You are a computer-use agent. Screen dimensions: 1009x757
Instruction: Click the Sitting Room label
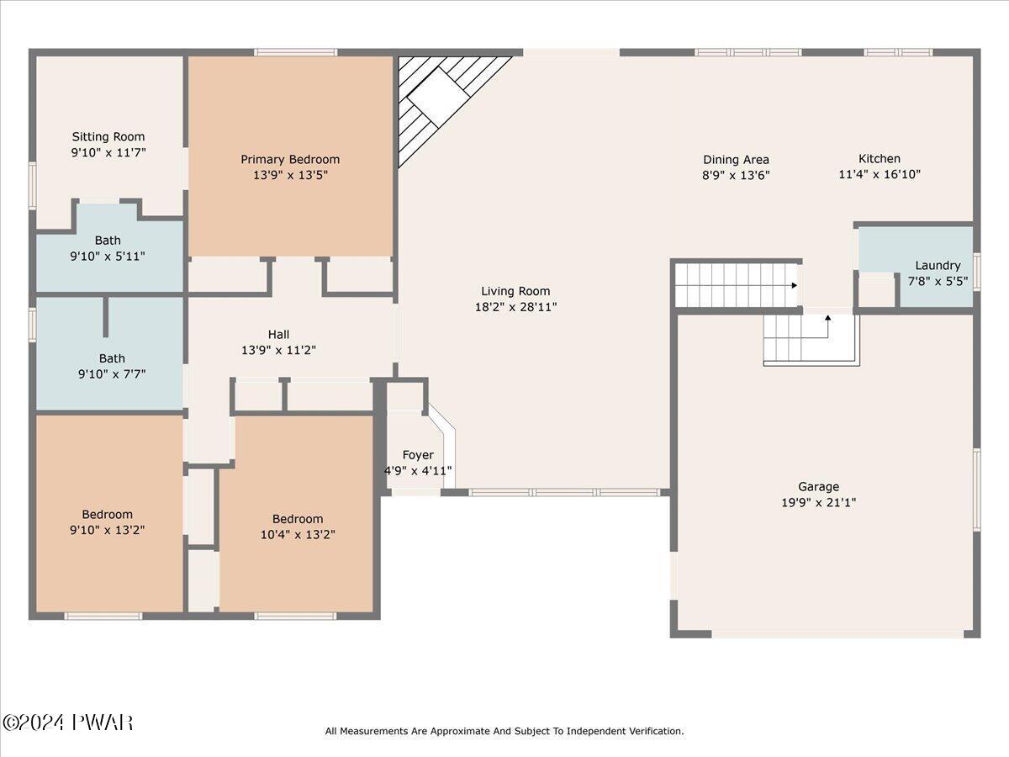click(x=108, y=136)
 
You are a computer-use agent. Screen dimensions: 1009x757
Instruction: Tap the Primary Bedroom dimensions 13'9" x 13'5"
click(x=291, y=175)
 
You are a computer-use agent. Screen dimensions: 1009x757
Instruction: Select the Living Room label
click(x=515, y=291)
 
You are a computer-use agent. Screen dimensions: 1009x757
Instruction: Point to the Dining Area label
click(x=736, y=160)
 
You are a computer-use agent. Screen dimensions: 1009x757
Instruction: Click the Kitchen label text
click(x=880, y=159)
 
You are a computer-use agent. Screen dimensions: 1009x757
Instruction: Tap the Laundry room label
click(x=938, y=266)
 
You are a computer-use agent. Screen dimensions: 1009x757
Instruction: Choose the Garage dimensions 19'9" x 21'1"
click(x=819, y=502)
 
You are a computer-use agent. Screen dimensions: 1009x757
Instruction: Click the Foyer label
click(x=418, y=455)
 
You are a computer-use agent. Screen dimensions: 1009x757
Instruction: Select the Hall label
click(x=278, y=334)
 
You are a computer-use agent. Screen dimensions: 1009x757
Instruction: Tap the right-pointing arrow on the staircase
click(x=794, y=285)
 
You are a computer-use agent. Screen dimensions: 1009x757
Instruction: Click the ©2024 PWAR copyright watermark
click(x=67, y=723)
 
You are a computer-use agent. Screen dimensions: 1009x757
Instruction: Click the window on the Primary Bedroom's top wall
click(x=296, y=52)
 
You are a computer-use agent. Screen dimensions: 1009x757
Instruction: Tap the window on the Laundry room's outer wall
click(x=977, y=271)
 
